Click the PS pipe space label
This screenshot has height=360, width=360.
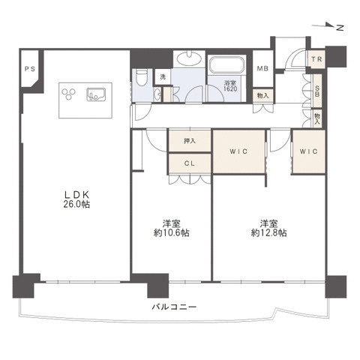(x=30, y=69)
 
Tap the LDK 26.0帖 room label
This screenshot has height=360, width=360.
(x=76, y=199)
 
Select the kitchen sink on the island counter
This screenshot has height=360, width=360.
(x=97, y=94)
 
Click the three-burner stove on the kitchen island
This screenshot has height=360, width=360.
(x=68, y=94)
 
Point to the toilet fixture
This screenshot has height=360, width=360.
(x=142, y=77)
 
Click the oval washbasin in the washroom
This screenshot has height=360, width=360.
(x=189, y=58)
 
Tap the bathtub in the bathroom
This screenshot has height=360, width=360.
(x=226, y=64)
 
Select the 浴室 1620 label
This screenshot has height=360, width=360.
(x=230, y=85)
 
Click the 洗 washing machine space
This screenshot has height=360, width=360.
(x=163, y=76)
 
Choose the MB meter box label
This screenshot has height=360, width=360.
(x=262, y=68)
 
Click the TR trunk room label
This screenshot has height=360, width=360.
(x=316, y=59)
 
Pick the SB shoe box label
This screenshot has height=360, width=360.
(x=317, y=91)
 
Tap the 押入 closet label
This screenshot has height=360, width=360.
(x=190, y=141)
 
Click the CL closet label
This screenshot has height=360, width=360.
(x=190, y=163)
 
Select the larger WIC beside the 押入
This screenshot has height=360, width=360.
(x=238, y=151)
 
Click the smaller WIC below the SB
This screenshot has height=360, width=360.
(x=309, y=151)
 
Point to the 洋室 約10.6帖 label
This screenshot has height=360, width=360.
(x=171, y=228)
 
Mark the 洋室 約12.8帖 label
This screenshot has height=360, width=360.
(x=268, y=228)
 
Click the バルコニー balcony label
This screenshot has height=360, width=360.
(x=174, y=307)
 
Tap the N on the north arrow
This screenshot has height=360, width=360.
(x=340, y=28)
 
